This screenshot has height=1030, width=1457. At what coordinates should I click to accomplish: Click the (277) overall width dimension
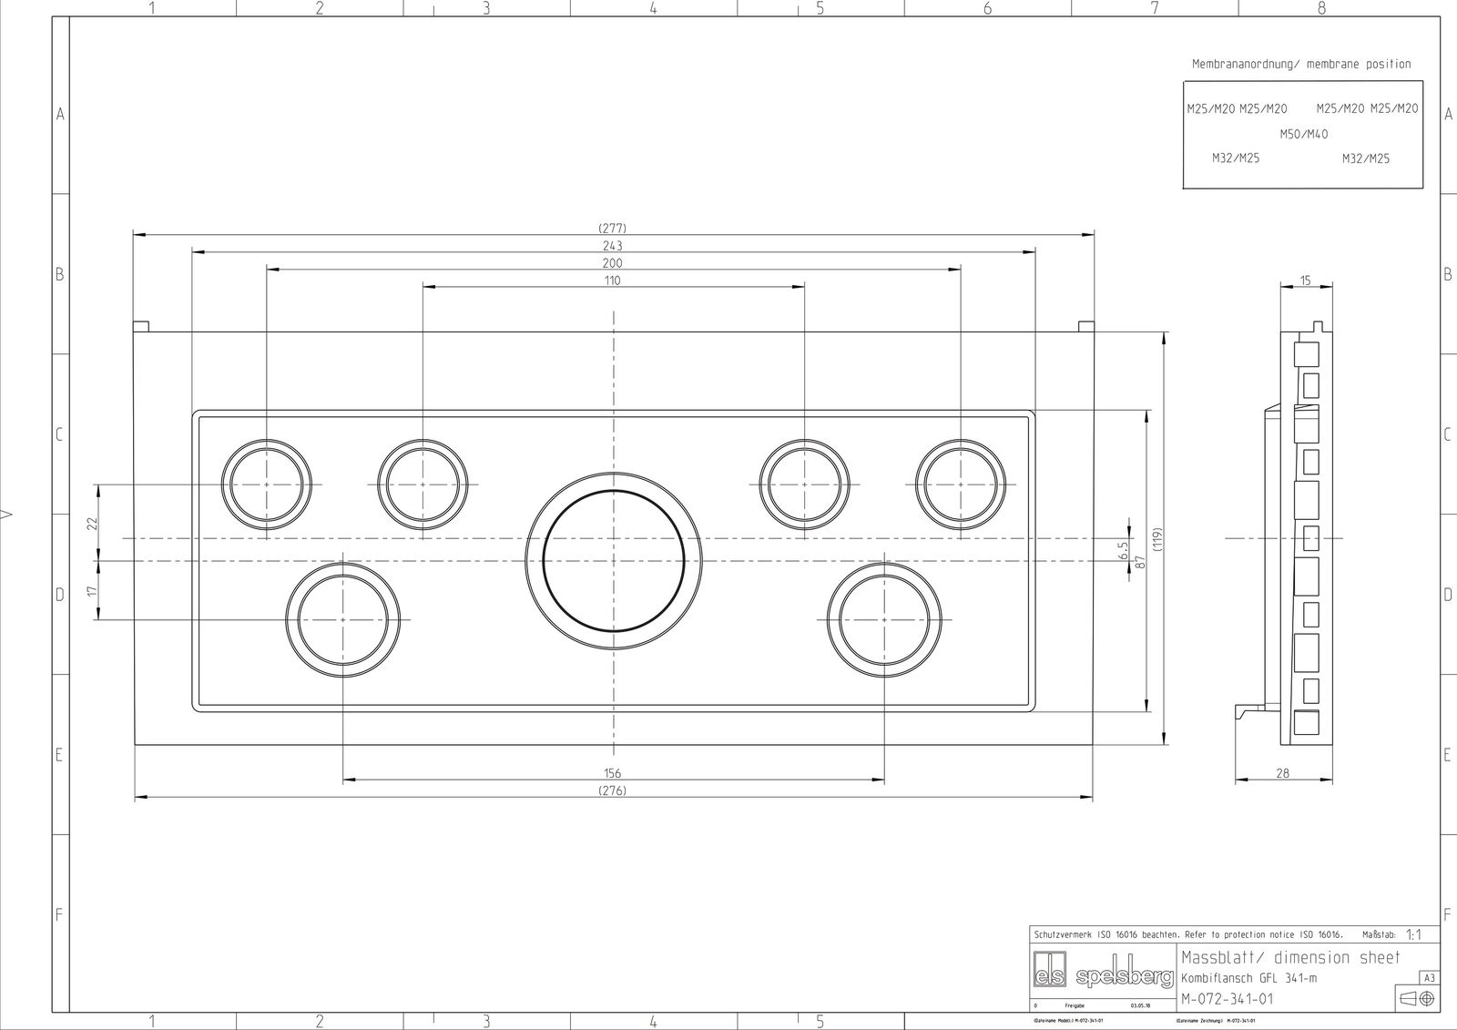(x=612, y=228)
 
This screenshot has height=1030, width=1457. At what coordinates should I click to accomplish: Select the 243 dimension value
(x=612, y=246)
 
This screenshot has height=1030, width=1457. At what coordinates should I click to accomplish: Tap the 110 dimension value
(x=612, y=280)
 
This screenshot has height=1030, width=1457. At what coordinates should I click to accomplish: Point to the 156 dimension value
(x=612, y=773)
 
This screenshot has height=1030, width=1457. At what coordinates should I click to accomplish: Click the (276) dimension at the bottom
(x=612, y=790)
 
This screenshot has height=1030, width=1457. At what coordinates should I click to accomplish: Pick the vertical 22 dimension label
(x=91, y=523)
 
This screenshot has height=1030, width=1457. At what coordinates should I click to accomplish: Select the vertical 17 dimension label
(x=91, y=591)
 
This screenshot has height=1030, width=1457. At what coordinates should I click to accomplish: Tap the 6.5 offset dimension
(x=1123, y=550)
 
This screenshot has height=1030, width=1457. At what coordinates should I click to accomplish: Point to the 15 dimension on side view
(x=1305, y=280)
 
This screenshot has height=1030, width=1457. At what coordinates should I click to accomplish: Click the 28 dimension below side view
(x=1282, y=773)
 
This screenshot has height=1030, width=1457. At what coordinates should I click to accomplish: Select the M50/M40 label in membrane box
(x=1303, y=135)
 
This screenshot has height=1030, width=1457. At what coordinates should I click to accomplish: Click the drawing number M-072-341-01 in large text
(x=1228, y=999)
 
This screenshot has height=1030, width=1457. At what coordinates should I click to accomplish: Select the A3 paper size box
(x=1429, y=978)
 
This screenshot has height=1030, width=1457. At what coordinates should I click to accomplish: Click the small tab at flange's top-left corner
(x=141, y=326)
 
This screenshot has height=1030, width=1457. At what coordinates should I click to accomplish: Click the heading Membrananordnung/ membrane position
(x=1301, y=64)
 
